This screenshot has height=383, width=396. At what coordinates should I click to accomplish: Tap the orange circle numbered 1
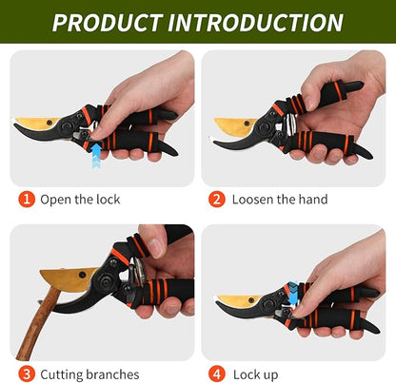27,200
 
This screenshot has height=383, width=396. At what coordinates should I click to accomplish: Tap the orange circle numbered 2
217,200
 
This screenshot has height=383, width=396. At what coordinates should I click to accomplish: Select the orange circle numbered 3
27,374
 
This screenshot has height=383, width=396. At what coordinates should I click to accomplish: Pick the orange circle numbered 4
217,374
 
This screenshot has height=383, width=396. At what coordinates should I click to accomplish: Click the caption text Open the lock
80,200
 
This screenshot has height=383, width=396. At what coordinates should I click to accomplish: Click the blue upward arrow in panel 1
96,154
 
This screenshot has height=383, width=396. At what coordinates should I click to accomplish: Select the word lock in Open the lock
107,200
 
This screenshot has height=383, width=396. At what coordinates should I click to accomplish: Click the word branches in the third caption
112,374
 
